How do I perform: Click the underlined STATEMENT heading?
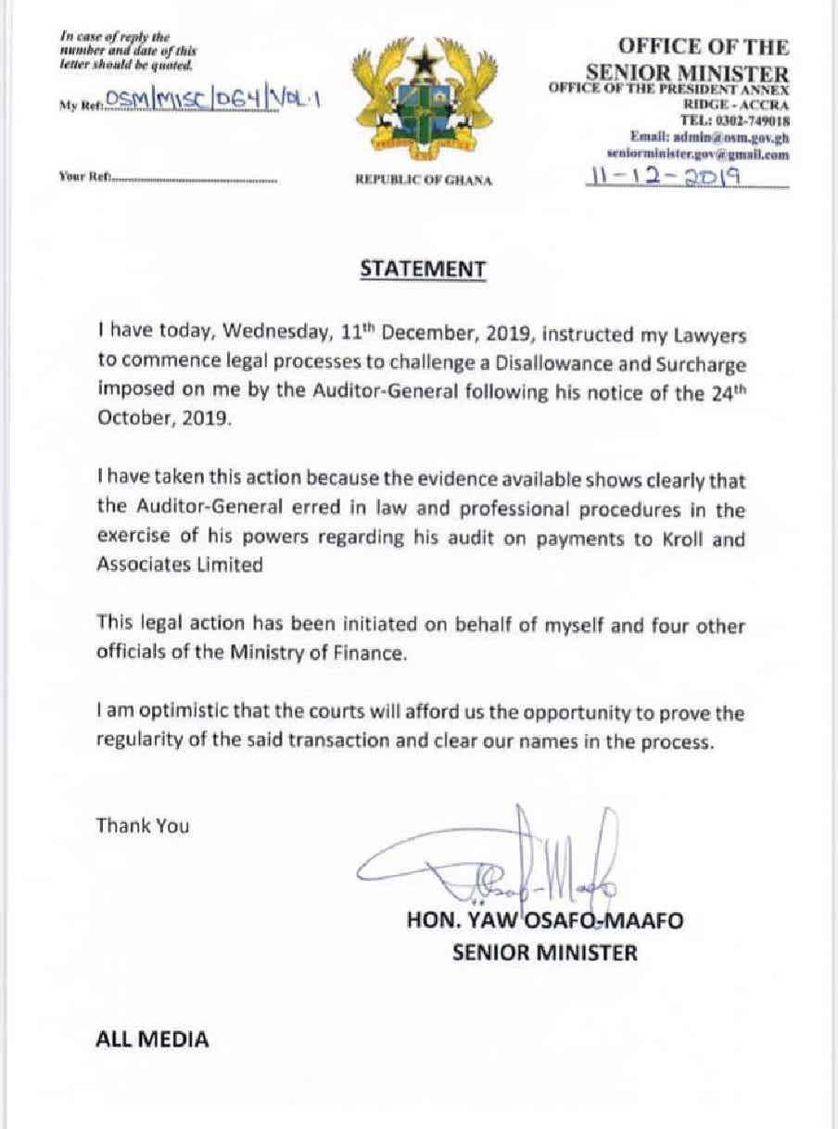[x=422, y=269]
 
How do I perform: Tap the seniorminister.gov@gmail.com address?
[x=697, y=155]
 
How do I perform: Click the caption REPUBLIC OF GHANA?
[x=424, y=181]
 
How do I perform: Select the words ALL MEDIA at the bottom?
[x=153, y=1039]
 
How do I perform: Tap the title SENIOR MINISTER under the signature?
[x=544, y=952]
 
